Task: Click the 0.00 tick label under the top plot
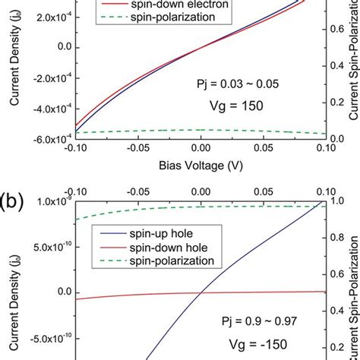(200, 150)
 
